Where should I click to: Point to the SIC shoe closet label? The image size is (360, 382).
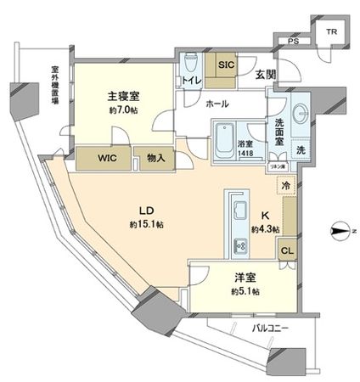click(225, 62)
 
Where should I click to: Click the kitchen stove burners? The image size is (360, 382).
click(237, 247)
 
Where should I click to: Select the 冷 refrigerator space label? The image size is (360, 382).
click(286, 187)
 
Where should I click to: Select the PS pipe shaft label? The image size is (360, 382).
click(293, 40)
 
